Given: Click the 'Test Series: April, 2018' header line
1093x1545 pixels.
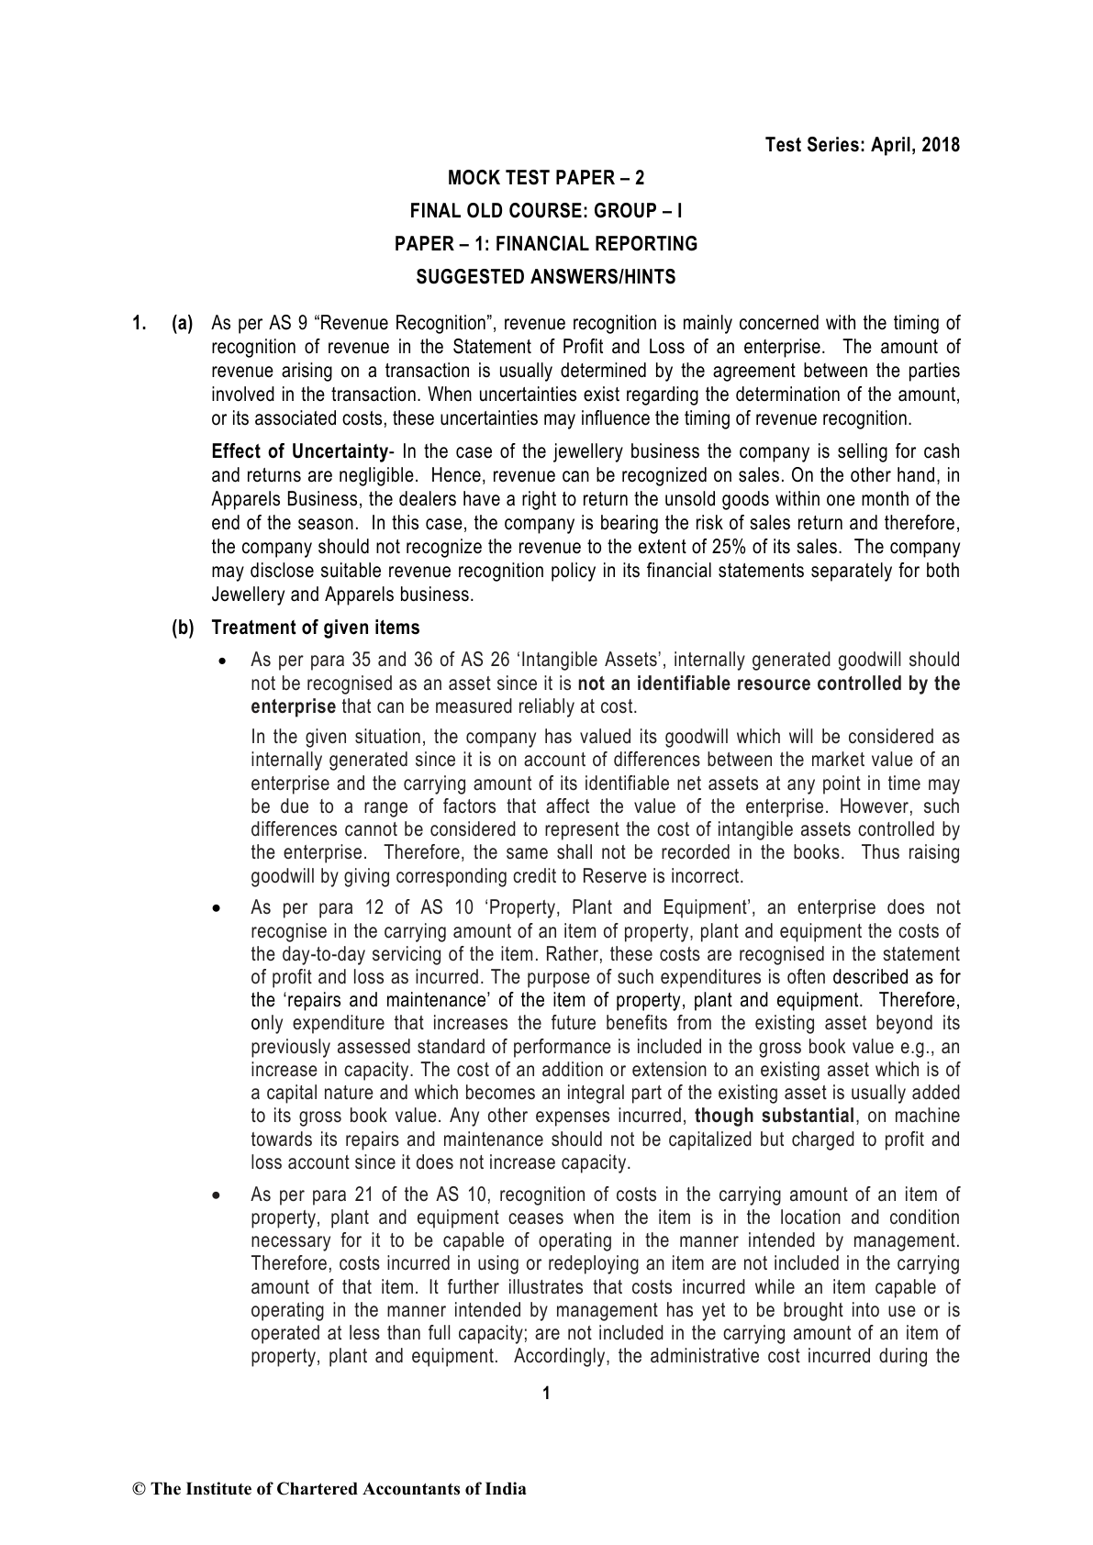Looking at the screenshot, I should point(863,145).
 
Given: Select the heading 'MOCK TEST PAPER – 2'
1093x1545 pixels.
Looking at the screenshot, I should point(546,177).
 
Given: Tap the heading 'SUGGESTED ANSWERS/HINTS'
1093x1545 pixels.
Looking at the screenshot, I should point(546,277).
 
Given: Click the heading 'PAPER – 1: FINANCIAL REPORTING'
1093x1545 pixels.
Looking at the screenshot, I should point(546,244).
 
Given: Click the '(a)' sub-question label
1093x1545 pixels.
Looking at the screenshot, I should point(183,323).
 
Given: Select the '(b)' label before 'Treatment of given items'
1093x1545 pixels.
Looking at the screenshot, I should point(183,628).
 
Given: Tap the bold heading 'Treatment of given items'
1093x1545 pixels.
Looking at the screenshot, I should point(316,628).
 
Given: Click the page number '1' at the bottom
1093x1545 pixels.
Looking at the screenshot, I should point(546,1395).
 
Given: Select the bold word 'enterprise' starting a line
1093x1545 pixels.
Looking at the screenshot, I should point(294,706).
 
